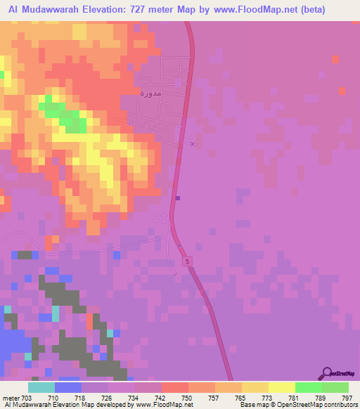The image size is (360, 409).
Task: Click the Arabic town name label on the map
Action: pos(151,91)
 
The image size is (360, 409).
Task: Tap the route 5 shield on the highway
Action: pos(188,261)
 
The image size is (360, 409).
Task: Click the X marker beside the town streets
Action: pos(193,144)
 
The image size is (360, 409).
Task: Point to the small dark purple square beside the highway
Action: pos(177,197)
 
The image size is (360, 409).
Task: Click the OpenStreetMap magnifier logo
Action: pos(326,372)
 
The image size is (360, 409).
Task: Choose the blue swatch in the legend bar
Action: pos(67,388)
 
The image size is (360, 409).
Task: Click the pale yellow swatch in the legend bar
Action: pos(281,388)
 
